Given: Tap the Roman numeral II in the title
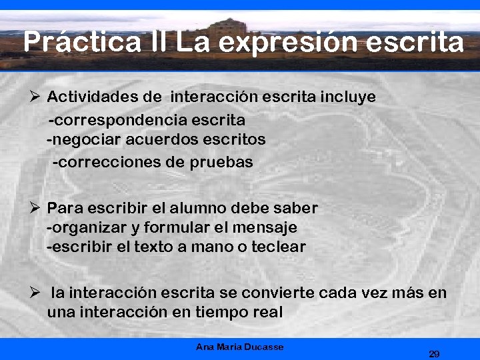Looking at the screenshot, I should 159,42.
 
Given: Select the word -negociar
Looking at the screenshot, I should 84,140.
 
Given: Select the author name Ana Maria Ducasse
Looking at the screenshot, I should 240,347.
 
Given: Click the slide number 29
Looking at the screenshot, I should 434,353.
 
